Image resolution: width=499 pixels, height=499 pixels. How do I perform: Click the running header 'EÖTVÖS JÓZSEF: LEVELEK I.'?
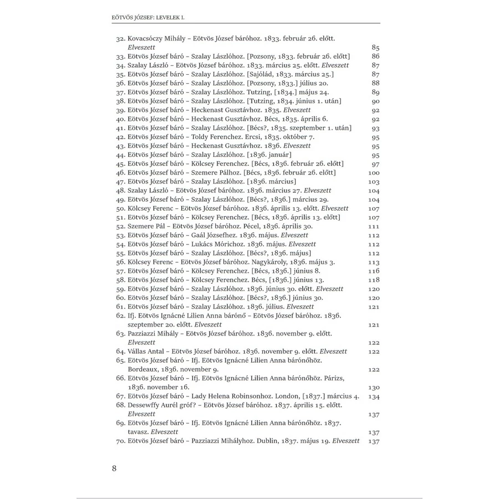click(x=149, y=17)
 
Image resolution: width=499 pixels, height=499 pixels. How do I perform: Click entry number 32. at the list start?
click(x=121, y=39)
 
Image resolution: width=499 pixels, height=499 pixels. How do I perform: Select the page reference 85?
click(x=375, y=48)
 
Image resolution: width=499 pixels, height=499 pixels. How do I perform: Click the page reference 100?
click(x=373, y=173)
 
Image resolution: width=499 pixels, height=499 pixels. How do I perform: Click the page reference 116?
click(x=373, y=271)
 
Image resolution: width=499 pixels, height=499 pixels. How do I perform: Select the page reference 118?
click(x=373, y=280)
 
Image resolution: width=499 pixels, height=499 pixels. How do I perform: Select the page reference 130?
click(x=373, y=387)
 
